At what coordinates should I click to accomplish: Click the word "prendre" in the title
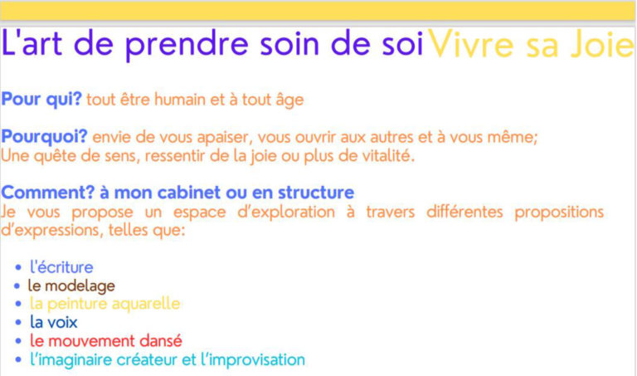click(187, 45)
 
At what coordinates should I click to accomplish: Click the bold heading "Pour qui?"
click(41, 100)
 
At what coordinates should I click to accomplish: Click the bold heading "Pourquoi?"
click(44, 137)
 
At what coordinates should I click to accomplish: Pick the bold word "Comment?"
click(48, 193)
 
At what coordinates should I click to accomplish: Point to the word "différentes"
click(464, 212)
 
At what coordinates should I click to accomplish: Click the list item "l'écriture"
click(61, 267)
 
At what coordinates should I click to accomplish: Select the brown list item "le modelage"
click(71, 286)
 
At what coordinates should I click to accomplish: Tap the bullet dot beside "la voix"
click(18, 323)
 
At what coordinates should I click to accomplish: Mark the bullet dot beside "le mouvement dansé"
click(18, 341)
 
